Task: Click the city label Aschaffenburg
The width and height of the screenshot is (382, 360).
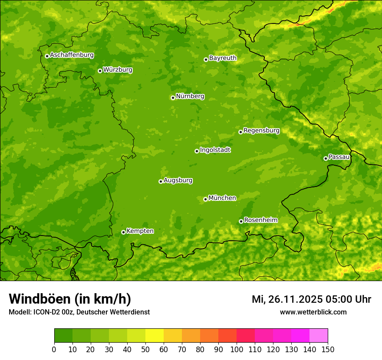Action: (72, 55)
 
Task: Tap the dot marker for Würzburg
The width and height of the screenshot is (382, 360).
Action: (100, 71)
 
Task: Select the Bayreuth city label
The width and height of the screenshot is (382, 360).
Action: (223, 58)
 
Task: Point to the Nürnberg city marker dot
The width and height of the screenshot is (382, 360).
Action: (173, 98)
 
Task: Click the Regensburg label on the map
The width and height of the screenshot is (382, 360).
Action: (261, 131)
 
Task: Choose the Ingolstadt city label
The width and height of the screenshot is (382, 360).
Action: (215, 150)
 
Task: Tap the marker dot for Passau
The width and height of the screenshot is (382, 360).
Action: (326, 158)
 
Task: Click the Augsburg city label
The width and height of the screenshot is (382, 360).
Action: (178, 180)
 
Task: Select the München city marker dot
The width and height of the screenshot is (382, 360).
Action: (205, 200)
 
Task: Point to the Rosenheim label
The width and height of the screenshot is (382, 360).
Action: (260, 220)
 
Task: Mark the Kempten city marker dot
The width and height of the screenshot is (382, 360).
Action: (123, 232)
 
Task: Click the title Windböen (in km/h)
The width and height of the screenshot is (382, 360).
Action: (70, 299)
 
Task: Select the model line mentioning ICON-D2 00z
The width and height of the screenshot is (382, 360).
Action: (79, 312)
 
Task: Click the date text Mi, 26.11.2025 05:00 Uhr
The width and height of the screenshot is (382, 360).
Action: (311, 299)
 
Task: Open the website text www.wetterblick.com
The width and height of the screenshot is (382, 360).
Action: (313, 312)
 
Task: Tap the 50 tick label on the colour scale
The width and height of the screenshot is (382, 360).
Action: (145, 350)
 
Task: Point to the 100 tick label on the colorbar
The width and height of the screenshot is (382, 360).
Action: (237, 350)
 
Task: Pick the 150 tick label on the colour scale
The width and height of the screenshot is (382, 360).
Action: (328, 350)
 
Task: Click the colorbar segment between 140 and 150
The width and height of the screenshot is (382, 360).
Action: (319, 336)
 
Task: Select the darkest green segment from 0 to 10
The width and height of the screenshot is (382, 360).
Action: (63, 336)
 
